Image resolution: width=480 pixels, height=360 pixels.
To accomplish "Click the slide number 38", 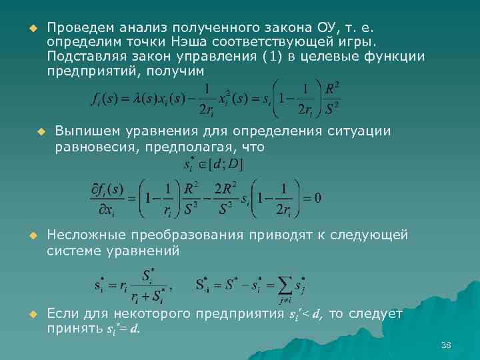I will tap(446, 345).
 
